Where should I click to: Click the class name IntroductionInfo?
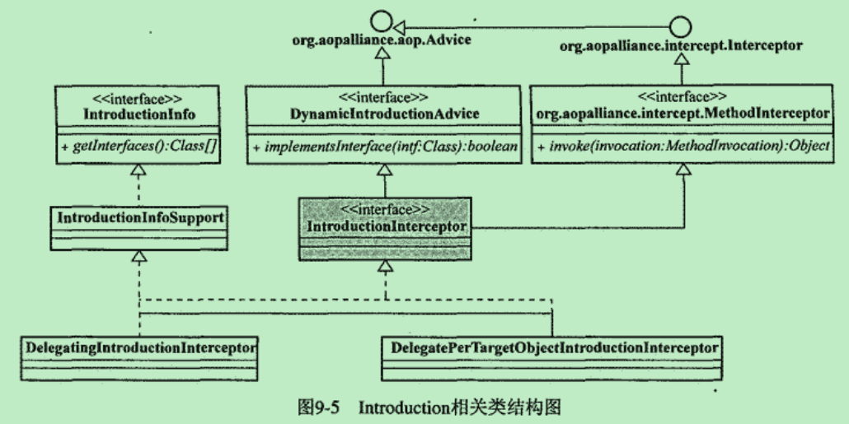tap(139, 111)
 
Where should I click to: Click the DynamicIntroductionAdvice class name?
tap(384, 111)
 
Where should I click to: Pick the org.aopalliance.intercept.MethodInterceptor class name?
tap(682, 111)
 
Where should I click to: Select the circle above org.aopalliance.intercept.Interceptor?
tap(682, 23)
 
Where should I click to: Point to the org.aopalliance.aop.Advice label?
tap(383, 40)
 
